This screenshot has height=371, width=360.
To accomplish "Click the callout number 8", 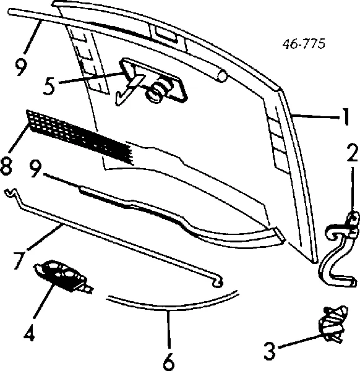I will tap(7, 166).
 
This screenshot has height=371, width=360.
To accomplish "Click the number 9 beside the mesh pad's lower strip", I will tap(39, 169).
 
